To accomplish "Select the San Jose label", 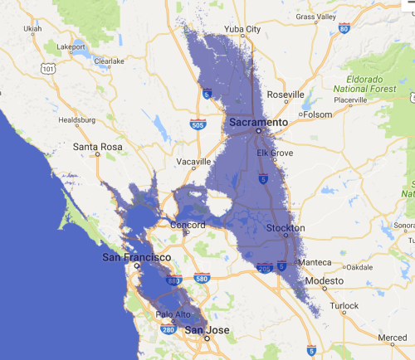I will (205, 330).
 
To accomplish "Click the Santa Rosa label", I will (98, 148).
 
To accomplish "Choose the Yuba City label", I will (242, 30).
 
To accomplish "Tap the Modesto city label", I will (324, 281).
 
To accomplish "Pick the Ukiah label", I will (33, 28).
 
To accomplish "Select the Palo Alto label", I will (173, 314).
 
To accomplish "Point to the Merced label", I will (392, 338).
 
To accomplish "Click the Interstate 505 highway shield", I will (197, 125).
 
